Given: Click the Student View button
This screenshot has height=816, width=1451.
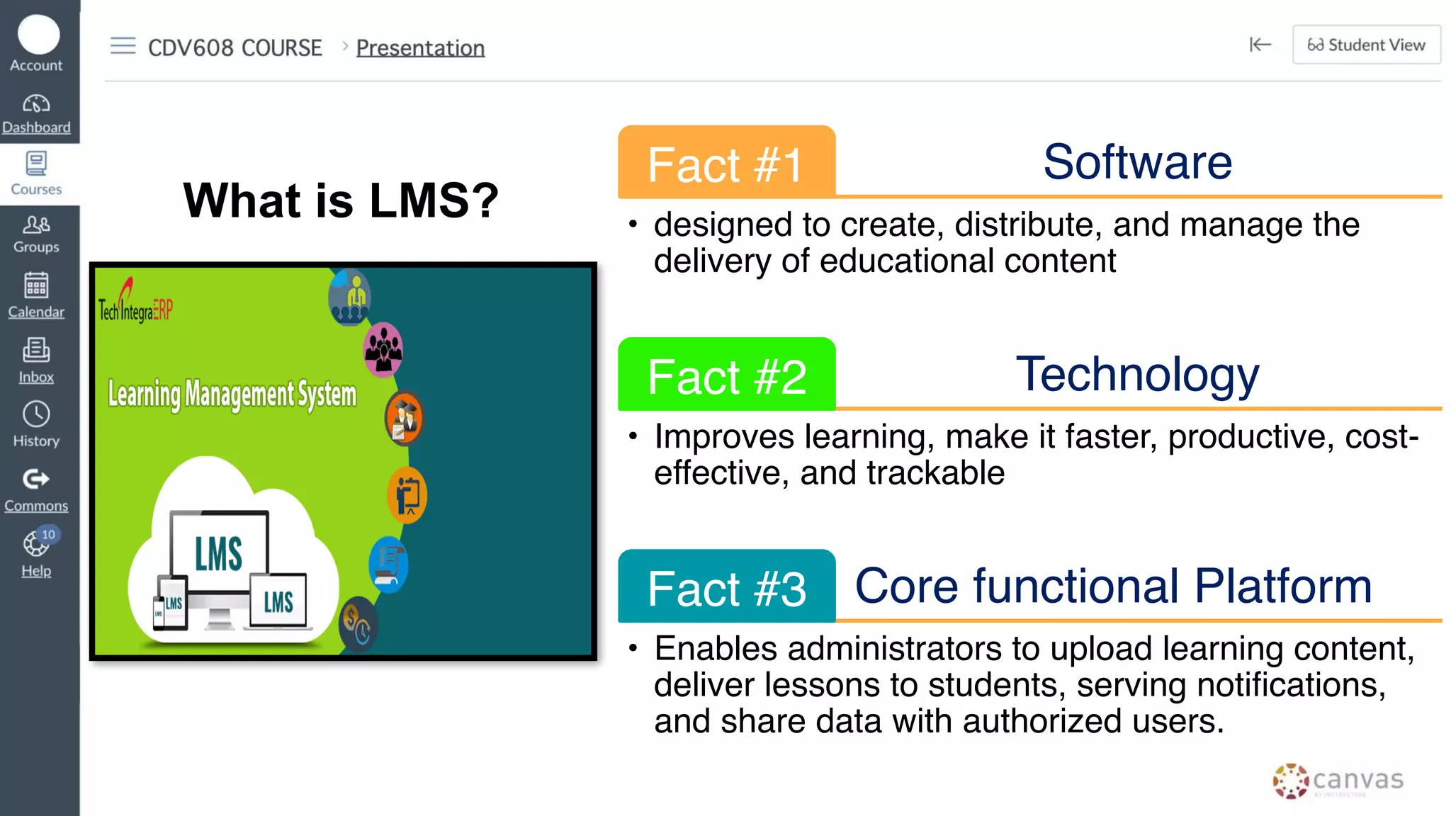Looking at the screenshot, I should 1366,45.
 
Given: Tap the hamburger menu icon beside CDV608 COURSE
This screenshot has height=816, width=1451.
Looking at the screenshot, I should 123,46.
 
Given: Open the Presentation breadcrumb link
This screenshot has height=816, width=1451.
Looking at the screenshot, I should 420,47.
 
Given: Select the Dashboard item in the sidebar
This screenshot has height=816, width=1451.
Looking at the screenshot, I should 36,114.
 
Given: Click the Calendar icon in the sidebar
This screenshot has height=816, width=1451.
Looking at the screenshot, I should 36,285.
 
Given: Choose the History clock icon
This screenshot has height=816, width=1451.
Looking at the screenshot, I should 36,414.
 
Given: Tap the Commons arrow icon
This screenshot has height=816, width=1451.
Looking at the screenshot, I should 36,480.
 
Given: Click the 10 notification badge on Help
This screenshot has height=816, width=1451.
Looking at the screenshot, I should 48,534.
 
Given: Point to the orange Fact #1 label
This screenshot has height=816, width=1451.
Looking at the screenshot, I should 726,164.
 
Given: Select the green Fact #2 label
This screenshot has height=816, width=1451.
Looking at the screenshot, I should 726,375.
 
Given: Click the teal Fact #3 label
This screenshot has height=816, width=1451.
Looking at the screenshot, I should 726,588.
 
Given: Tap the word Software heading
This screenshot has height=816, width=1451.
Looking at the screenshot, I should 1137,162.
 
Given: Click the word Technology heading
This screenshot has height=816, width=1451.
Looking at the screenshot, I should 1137,374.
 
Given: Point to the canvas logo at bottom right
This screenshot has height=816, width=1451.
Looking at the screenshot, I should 1338,781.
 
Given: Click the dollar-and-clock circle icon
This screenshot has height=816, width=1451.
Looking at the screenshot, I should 358,624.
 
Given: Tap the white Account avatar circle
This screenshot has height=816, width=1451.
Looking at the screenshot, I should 38,34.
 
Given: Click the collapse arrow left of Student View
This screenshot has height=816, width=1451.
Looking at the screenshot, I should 1260,45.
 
